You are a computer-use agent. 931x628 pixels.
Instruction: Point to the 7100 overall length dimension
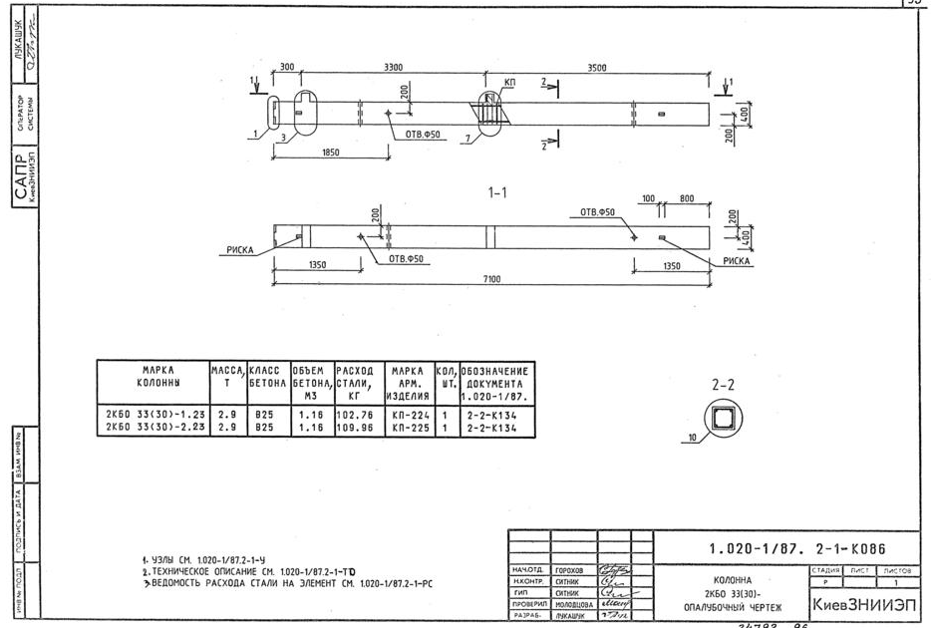click(491, 279)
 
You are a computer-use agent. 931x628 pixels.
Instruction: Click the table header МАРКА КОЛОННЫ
click(153, 376)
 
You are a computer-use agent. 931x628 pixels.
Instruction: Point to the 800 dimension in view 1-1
click(687, 199)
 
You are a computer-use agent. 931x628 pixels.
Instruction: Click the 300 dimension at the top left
click(286, 67)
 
